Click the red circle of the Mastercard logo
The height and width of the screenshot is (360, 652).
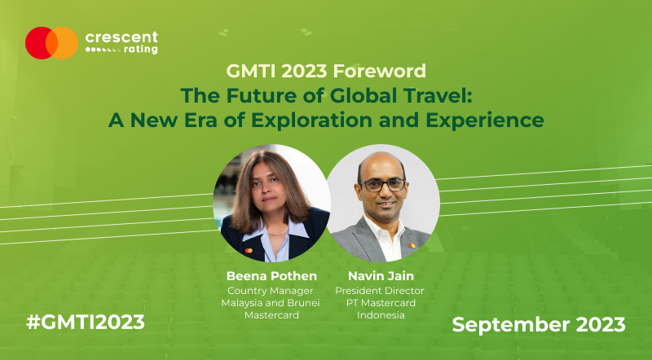(37, 43)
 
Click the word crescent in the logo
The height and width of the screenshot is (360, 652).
(121, 37)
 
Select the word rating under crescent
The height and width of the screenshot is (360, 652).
(141, 50)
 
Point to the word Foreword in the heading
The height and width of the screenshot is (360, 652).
(379, 71)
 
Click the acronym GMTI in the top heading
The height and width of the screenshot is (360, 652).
(251, 71)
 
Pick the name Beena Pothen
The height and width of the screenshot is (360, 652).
(271, 276)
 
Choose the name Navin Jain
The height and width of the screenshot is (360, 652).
(381, 276)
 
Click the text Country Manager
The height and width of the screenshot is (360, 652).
(271, 291)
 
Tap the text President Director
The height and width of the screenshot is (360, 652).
(380, 291)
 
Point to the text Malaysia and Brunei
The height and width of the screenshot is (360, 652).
(271, 303)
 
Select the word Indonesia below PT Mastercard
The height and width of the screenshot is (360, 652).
(381, 315)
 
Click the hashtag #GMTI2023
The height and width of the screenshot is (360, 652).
(86, 323)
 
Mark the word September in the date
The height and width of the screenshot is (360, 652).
(511, 325)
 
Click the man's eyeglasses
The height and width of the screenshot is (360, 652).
(382, 185)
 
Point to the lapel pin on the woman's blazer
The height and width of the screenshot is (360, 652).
(249, 251)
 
